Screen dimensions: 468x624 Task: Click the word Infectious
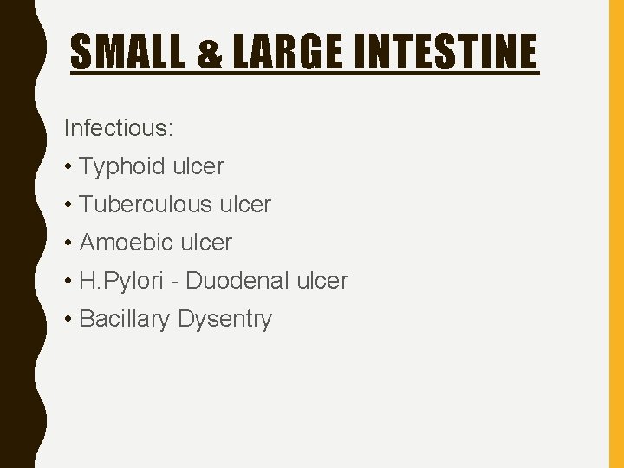click(119, 128)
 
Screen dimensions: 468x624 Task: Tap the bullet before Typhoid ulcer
click(68, 166)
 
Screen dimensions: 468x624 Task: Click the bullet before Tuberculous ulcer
click(68, 205)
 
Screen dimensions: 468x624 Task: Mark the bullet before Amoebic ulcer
click(68, 243)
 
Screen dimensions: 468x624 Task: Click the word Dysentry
click(224, 319)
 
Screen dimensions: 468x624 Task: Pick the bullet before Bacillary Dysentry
click(68, 319)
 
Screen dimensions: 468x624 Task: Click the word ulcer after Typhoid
click(198, 166)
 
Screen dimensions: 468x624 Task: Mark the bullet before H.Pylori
click(68, 281)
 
